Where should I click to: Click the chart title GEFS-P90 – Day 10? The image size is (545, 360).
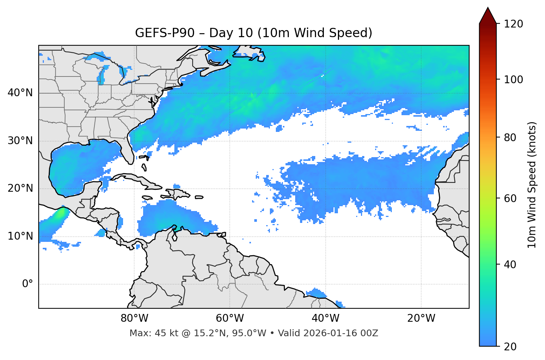pos(254,33)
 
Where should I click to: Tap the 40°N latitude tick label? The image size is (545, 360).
pos(20,93)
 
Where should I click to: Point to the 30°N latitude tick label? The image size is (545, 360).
pos(20,141)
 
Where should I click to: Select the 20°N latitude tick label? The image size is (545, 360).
pos(20,188)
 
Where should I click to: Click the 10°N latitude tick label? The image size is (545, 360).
pos(20,236)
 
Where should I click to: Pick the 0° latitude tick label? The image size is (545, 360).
pos(28,284)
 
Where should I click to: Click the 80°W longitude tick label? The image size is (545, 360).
pos(134,318)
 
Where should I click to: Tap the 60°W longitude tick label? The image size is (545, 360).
pos(230,318)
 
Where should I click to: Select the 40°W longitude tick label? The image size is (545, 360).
pos(325,318)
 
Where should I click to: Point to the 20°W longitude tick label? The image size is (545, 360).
pos(421,318)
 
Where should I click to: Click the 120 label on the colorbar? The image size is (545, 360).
pos(513,24)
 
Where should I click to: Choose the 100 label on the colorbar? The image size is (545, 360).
pos(513,80)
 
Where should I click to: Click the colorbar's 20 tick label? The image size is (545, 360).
pos(510,347)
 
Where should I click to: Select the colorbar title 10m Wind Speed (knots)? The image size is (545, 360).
pos(532,185)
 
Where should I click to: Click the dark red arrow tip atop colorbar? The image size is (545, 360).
pos(488,14)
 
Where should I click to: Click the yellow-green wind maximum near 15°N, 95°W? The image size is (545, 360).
pos(59,214)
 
